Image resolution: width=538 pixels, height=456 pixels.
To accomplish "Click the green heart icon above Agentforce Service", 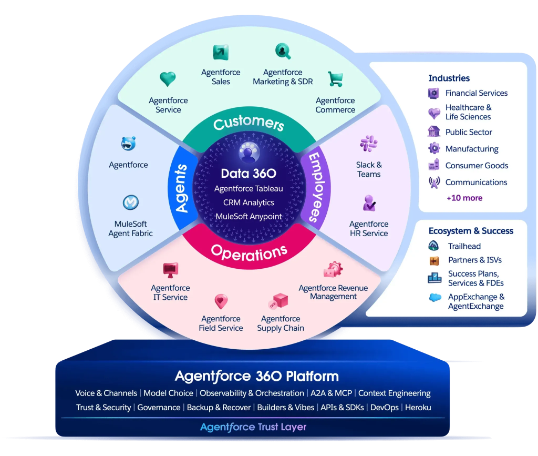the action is coord(168,79).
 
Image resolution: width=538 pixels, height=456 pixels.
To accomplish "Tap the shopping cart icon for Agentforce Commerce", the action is coord(335,79).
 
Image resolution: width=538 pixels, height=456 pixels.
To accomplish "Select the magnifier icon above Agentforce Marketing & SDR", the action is coord(283,51).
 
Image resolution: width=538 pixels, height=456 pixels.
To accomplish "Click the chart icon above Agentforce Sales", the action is coord(221,52).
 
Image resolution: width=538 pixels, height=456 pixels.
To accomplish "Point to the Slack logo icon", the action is coord(369,144).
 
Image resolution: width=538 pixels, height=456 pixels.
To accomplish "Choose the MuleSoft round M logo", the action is coord(131,202).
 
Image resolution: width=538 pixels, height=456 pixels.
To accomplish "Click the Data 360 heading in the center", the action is coord(249,174).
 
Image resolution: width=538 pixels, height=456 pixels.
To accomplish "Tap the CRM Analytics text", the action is coord(249,202).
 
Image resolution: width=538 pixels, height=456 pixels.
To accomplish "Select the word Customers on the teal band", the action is coord(249,123).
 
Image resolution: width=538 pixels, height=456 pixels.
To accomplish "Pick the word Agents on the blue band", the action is coord(181,188).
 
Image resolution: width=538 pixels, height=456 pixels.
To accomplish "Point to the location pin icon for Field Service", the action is coord(221,301).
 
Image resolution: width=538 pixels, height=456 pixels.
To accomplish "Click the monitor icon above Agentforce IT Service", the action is coord(171,270).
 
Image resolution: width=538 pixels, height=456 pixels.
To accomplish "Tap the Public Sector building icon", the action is coord(434,131).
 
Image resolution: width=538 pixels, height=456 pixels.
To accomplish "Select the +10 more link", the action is coord(464,198).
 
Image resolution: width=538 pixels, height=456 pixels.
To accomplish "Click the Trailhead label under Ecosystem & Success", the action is coord(464,246).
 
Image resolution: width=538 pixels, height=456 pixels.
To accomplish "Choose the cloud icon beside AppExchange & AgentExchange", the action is coord(435,297).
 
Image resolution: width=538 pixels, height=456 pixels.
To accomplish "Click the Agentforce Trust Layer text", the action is coord(253,427).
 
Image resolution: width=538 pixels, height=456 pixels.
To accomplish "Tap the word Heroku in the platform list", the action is coord(418,408).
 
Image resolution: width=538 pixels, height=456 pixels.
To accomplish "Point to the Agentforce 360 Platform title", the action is coord(256,377).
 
